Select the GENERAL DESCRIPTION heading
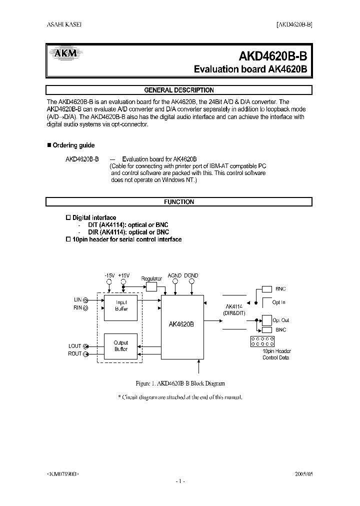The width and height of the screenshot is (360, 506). pyautogui.click(x=179, y=90)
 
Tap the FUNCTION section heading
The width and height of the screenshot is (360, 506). pyautogui.click(x=179, y=202)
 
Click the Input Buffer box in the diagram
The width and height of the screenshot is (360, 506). pyautogui.click(x=121, y=306)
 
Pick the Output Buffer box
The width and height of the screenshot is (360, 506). pyautogui.click(x=121, y=346)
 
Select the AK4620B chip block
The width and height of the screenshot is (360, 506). pyautogui.click(x=182, y=324)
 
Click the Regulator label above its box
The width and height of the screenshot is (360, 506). pyautogui.click(x=151, y=278)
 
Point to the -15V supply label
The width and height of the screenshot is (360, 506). pyautogui.click(x=109, y=275)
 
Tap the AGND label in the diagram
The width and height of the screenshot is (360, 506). pyautogui.click(x=174, y=275)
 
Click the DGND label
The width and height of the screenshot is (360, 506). pyautogui.click(x=191, y=275)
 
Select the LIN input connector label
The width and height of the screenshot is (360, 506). pyautogui.click(x=77, y=299)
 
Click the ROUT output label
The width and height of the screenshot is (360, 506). pyautogui.click(x=74, y=354)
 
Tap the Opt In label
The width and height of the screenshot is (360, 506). pyautogui.click(x=279, y=302)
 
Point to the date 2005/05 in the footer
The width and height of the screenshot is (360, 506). pyautogui.click(x=302, y=473)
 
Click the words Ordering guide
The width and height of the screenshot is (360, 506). pyautogui.click(x=73, y=145)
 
